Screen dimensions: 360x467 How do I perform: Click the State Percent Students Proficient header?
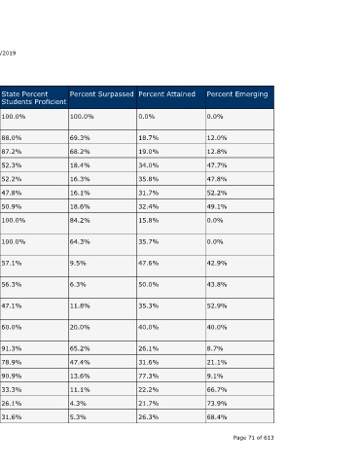click(34, 97)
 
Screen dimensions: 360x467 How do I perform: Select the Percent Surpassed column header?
click(101, 94)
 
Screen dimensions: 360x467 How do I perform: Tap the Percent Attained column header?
click(166, 94)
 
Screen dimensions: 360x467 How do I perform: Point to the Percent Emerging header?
click(237, 94)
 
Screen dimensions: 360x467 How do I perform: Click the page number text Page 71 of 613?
click(253, 438)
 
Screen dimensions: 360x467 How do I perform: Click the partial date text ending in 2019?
click(8, 54)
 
